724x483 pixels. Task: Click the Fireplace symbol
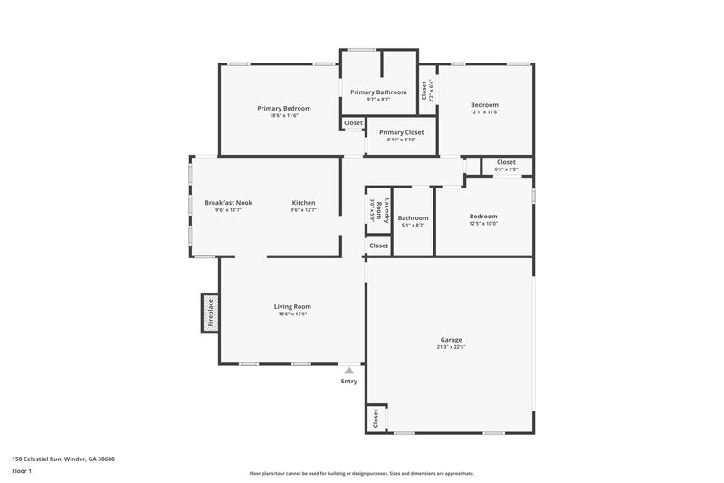(210, 313)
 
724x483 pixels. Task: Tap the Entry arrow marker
(349, 370)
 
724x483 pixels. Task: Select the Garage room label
(451, 340)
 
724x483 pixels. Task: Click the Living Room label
(292, 306)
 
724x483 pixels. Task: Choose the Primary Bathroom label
(378, 92)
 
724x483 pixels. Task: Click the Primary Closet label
(401, 132)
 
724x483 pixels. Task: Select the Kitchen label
(303, 202)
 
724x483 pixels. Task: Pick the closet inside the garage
(375, 418)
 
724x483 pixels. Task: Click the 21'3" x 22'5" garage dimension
(451, 347)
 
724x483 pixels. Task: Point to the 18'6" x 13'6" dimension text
(292, 314)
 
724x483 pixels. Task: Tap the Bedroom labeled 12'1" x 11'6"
(484, 105)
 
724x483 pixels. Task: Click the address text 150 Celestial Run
(63, 459)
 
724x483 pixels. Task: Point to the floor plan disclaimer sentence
(361, 473)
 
